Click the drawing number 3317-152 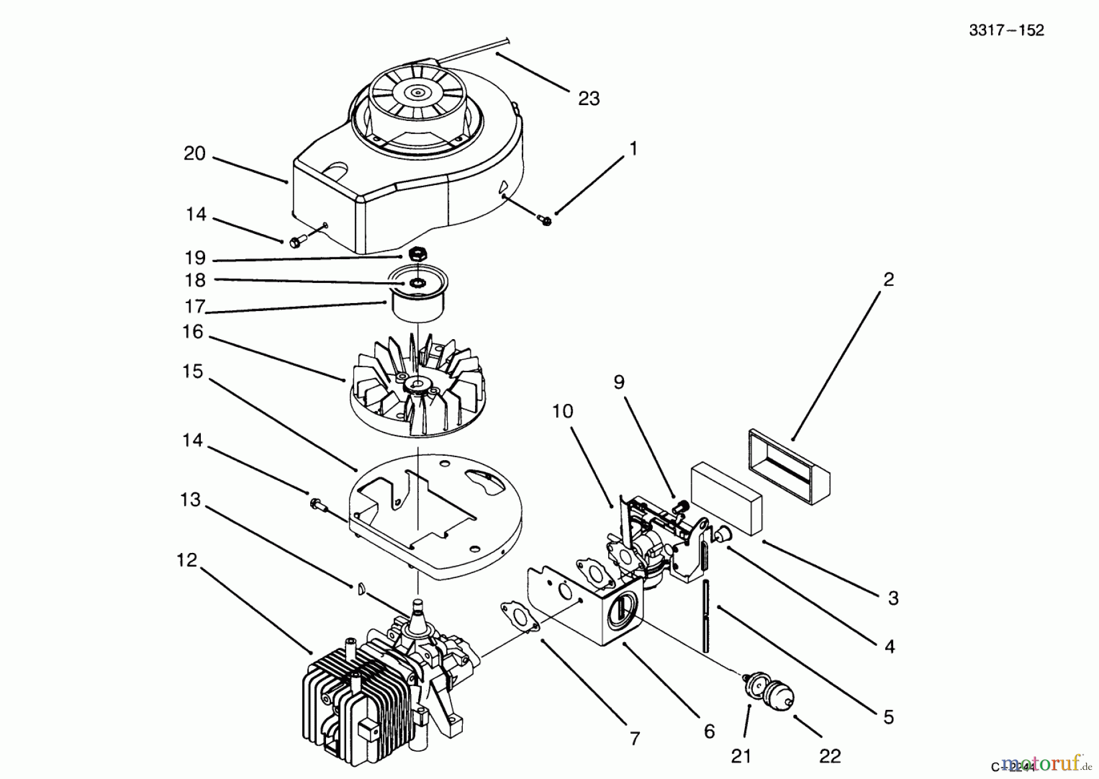coord(1006,31)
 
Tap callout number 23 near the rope coord(589,99)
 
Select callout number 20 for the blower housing coord(194,153)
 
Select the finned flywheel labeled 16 coord(417,391)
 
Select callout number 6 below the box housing coord(709,731)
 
